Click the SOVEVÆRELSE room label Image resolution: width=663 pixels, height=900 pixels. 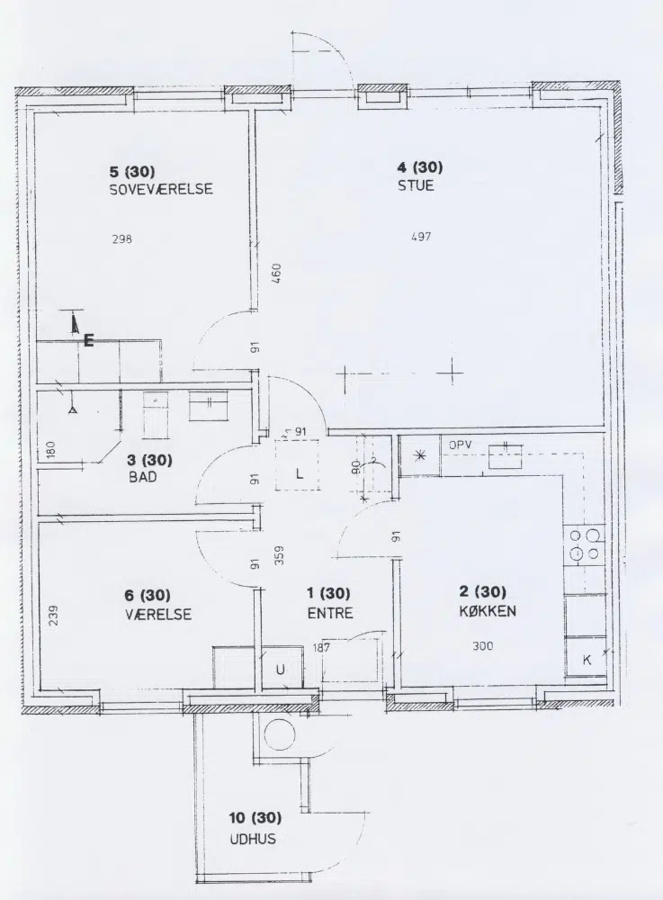tap(161, 189)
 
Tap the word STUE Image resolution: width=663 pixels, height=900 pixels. tap(416, 185)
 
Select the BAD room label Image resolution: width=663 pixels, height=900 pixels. tap(143, 477)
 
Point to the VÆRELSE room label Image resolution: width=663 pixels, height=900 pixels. tap(158, 614)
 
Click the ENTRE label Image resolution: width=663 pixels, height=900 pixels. tap(330, 613)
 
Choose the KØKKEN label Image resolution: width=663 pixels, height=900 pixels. tap(488, 611)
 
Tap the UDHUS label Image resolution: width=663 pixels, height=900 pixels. tap(253, 839)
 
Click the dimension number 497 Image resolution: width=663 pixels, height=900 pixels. tap(421, 237)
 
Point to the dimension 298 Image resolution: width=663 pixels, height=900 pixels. tap(122, 238)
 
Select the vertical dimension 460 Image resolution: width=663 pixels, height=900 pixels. tap(276, 274)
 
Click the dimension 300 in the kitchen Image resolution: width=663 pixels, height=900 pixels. tap(483, 645)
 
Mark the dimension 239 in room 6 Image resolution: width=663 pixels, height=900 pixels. tap(53, 616)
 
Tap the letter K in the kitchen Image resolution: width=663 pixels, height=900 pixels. tap(587, 660)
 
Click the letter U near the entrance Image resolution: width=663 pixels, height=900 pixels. tap(281, 670)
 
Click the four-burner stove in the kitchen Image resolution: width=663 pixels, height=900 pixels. tap(585, 544)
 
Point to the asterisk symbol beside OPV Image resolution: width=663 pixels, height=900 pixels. tap(420, 455)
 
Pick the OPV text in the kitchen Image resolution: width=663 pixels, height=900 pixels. tap(461, 445)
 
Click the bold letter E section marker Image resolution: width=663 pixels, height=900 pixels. tap(88, 340)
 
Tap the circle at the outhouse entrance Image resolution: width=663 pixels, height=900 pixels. tap(280, 733)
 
